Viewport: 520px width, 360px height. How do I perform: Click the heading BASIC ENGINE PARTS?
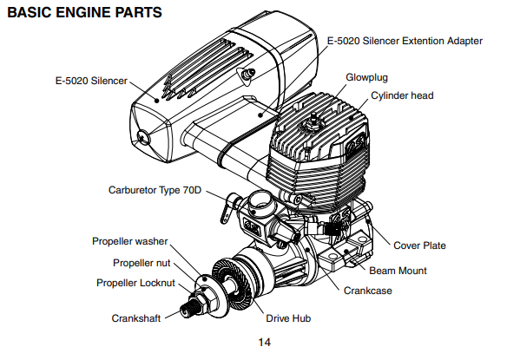point(83,15)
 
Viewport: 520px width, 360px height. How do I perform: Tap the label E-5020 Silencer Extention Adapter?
point(405,41)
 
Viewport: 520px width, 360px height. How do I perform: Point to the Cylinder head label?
point(402,95)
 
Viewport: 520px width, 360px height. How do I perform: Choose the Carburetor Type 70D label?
point(155,189)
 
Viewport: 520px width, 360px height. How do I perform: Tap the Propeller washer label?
point(129,241)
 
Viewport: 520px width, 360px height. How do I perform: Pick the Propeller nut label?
point(142,263)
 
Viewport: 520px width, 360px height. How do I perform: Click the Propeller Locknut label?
point(135,283)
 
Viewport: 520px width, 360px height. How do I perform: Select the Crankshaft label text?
point(138,317)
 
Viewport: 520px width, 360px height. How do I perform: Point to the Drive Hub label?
point(289,318)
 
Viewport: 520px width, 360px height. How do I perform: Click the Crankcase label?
point(367,291)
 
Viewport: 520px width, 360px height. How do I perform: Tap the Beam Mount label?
point(398,271)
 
